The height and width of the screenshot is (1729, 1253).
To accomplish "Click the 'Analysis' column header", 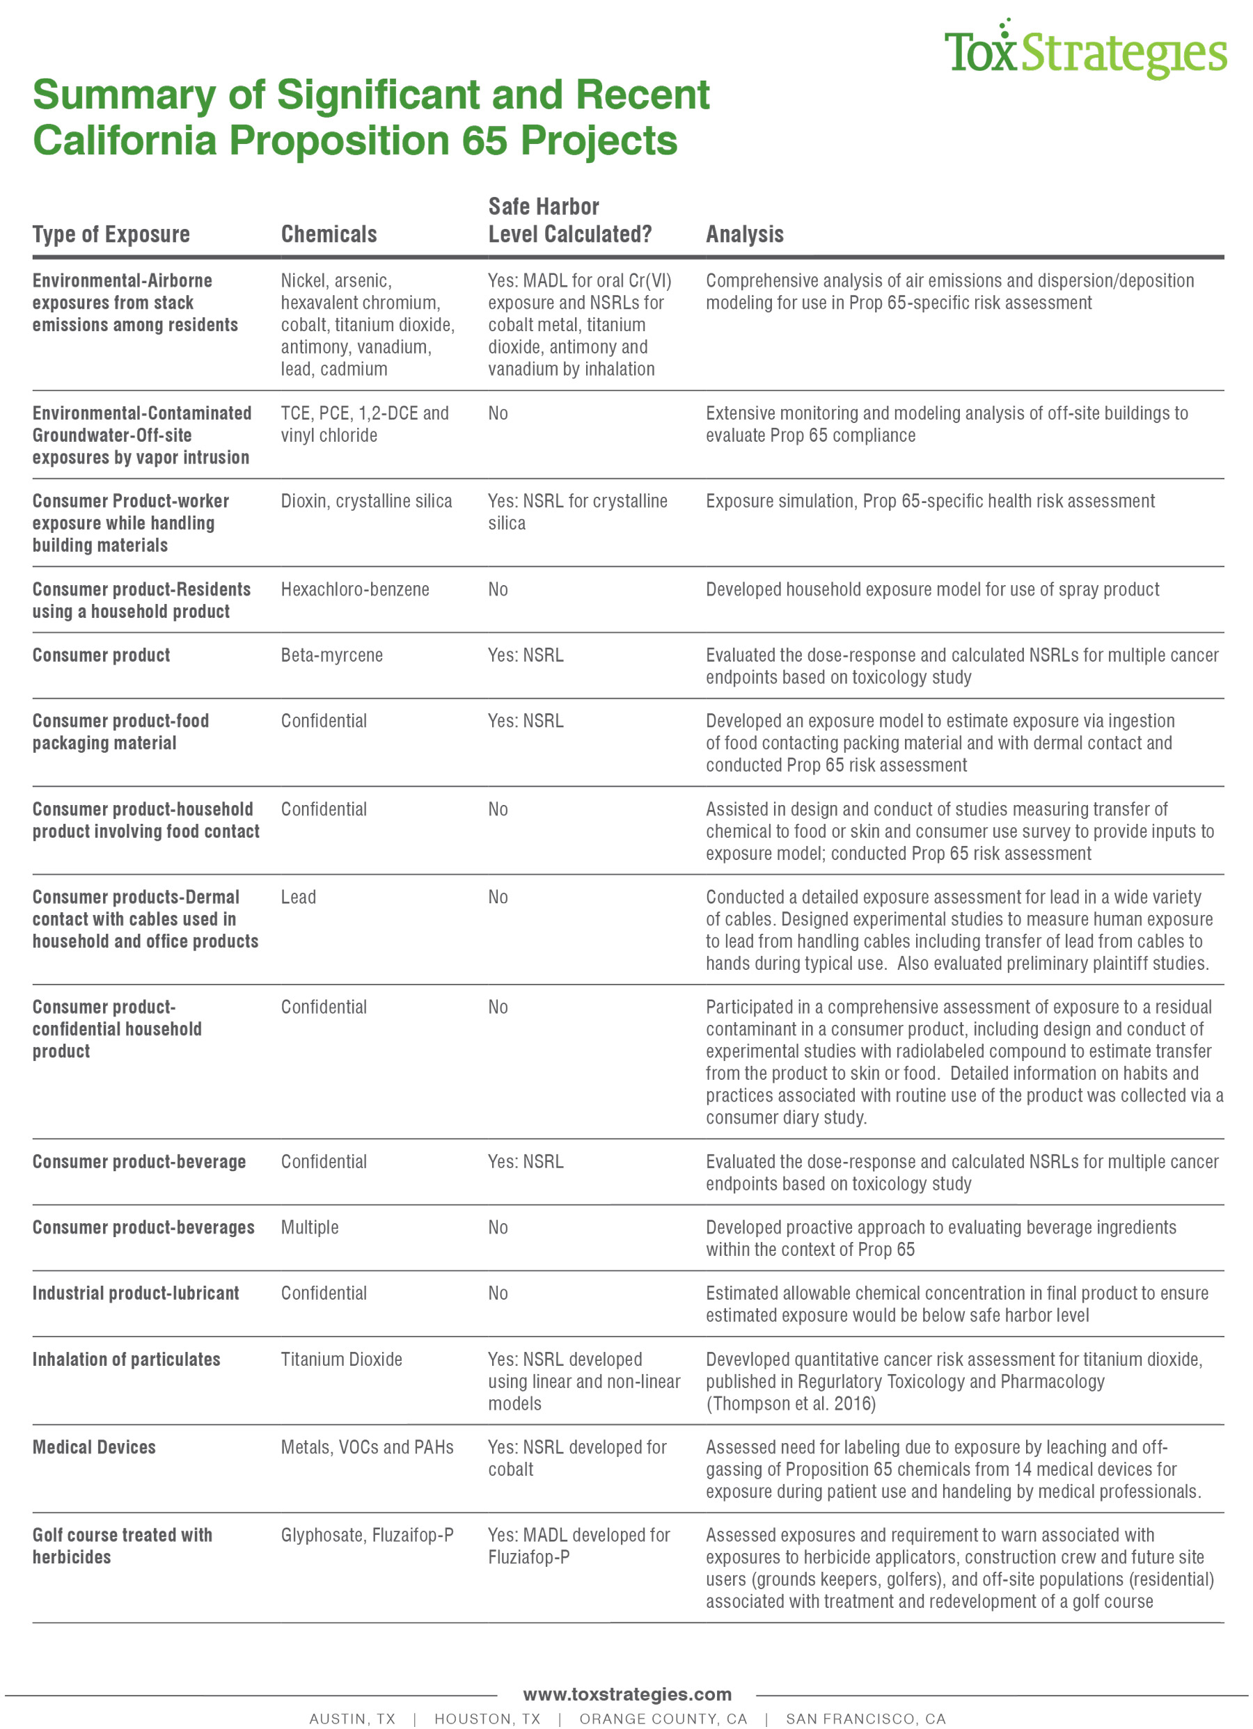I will (x=744, y=234).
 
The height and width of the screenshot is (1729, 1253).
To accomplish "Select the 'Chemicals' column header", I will (x=329, y=234).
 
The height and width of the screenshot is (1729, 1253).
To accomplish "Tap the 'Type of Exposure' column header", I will (x=111, y=234).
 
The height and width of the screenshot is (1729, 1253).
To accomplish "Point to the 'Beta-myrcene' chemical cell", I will (x=332, y=655).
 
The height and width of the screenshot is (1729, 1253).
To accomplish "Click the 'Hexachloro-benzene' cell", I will (x=354, y=589).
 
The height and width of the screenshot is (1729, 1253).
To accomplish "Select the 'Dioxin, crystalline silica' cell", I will (x=366, y=501).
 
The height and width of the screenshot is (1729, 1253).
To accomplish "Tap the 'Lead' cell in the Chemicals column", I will (x=298, y=898).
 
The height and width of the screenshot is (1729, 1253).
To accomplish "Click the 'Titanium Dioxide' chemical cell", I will (x=341, y=1360).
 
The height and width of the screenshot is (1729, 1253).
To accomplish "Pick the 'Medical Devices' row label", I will (x=94, y=1447).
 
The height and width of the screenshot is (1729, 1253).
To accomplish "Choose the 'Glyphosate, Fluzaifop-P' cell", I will (x=367, y=1535).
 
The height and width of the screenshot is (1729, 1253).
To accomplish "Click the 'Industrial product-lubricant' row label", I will (x=136, y=1293).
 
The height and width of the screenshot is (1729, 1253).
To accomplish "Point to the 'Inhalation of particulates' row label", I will (x=126, y=1360).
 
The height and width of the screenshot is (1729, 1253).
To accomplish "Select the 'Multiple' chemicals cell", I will (x=310, y=1227).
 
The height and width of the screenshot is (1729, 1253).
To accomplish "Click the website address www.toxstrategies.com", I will (x=627, y=1694).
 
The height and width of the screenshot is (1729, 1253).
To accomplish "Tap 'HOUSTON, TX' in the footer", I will (x=487, y=1719).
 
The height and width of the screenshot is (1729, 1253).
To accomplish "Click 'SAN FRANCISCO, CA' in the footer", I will (x=865, y=1719).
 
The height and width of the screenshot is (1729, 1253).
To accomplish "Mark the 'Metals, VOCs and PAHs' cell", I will (x=367, y=1447).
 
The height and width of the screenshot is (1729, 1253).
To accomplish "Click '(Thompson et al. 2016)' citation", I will (x=790, y=1403).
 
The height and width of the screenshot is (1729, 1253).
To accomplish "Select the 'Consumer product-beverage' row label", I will (x=139, y=1162).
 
